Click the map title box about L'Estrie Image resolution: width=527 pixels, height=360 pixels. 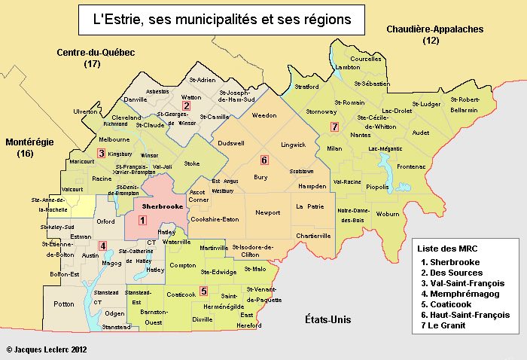coord(222,20)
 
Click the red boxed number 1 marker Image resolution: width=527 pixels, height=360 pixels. coord(143,220)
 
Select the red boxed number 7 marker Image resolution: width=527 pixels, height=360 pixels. coord(334,127)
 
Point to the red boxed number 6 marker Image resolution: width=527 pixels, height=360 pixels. coord(263,160)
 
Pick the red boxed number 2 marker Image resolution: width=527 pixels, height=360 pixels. coord(185,106)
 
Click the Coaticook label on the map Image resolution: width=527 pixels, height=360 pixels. coord(181,294)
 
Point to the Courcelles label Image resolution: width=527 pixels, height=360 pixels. coord(367,58)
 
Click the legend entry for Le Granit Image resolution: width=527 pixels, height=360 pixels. coord(453,325)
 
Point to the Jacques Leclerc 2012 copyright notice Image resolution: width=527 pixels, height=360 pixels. coord(47,350)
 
